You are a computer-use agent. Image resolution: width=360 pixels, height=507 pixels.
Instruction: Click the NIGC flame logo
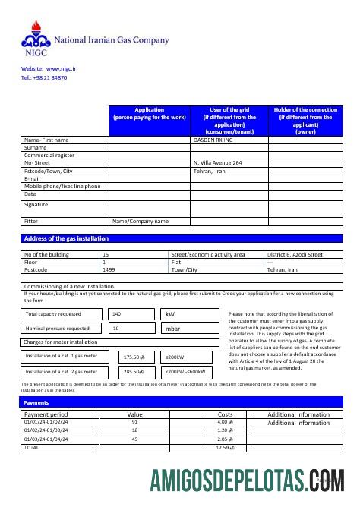coord(34,34)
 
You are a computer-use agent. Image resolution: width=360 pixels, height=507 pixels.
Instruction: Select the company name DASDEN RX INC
coord(213,140)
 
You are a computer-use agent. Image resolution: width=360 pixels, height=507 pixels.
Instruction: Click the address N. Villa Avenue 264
coord(218,162)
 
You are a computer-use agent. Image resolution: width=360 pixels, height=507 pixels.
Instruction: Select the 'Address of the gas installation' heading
coord(67,238)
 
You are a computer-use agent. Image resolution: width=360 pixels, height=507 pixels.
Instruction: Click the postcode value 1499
coord(109,269)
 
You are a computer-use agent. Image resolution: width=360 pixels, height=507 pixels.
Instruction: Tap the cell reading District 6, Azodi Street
coord(295,254)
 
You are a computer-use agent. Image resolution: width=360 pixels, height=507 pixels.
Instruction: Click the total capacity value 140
coord(116,313)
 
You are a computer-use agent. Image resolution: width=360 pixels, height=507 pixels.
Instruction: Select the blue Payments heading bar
coord(180,402)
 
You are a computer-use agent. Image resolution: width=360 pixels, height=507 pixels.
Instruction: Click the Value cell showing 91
coord(134,422)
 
